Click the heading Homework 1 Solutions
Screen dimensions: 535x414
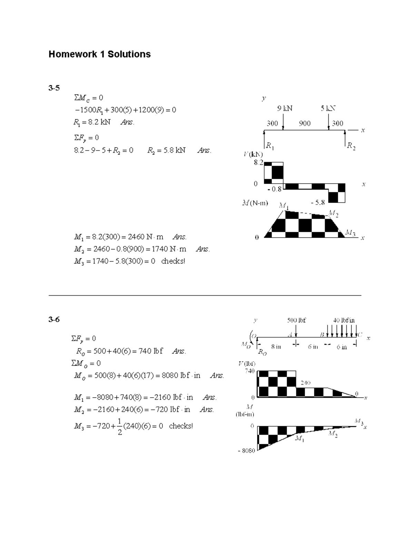[99, 54]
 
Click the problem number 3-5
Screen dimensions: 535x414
[54, 88]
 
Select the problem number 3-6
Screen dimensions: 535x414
[54, 319]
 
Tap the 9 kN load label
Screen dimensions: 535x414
[285, 109]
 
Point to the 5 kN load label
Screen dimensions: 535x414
[328, 109]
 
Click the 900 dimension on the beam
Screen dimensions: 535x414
[305, 123]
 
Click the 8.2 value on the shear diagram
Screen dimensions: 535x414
[258, 163]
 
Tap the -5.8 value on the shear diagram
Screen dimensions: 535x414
[317, 203]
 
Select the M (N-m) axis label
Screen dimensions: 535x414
[255, 203]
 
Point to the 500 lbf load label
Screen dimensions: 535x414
[296, 320]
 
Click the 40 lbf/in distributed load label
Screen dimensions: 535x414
[344, 320]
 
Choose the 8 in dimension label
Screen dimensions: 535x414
[276, 347]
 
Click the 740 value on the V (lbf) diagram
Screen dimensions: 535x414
[250, 371]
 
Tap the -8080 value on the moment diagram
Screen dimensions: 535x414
[246, 451]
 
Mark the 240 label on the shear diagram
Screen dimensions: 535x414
[305, 383]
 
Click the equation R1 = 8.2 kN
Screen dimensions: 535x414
[92, 122]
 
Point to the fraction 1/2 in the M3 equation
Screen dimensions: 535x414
[120, 426]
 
